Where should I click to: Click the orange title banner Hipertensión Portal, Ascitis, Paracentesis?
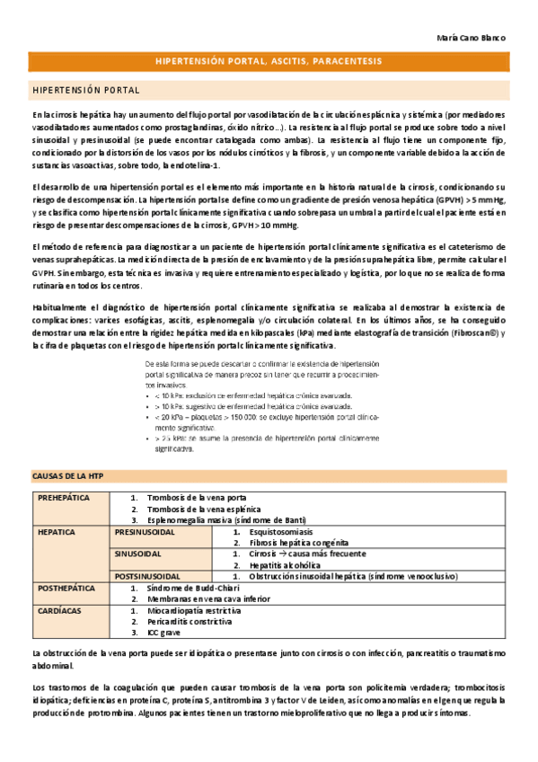[269, 61]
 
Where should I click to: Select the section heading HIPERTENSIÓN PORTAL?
[85, 91]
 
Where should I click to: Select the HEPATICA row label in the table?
[56, 532]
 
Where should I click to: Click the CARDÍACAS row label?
[59, 610]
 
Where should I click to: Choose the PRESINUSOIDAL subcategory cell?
[146, 532]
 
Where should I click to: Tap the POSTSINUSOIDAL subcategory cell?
[148, 576]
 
